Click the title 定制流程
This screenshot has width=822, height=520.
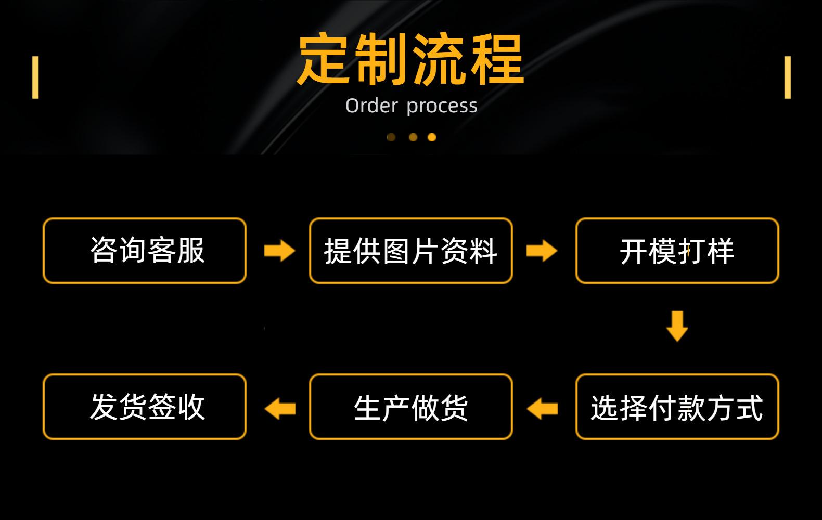[x=410, y=59]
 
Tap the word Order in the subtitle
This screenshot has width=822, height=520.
[x=371, y=106]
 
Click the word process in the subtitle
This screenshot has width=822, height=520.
[x=442, y=107]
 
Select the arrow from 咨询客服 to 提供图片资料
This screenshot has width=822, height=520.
[x=279, y=251]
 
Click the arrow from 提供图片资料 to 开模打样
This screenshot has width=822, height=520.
[x=542, y=251]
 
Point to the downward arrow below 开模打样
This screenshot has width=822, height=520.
[x=677, y=327]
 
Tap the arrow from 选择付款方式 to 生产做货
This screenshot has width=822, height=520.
[x=542, y=409]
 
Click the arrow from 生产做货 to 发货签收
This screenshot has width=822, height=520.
[x=280, y=409]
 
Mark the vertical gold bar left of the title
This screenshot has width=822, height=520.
[x=35, y=77]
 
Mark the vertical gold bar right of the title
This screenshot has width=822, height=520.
[x=788, y=77]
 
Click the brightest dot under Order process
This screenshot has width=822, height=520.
[x=432, y=137]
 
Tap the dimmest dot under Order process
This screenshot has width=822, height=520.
[x=391, y=137]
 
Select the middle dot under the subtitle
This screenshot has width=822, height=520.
[x=413, y=137]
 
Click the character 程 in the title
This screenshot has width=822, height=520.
[x=497, y=59]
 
